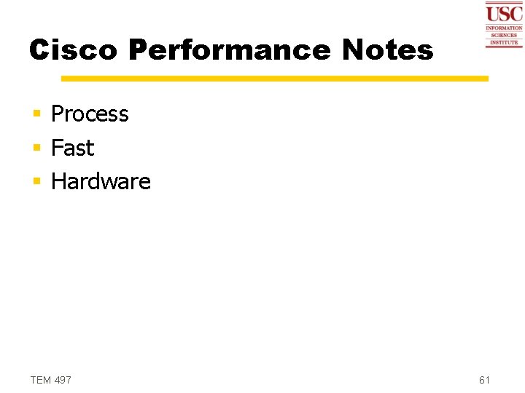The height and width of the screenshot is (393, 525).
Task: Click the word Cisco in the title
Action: [73, 50]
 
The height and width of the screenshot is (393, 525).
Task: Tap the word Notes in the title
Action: [387, 50]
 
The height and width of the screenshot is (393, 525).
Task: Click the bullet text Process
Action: [90, 114]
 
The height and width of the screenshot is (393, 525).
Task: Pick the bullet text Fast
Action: [73, 148]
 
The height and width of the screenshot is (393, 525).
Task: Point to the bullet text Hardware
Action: [101, 181]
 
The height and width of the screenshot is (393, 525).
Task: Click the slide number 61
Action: [485, 380]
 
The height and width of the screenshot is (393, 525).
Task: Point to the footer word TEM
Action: [41, 380]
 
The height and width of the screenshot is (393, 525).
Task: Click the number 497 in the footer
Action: [63, 380]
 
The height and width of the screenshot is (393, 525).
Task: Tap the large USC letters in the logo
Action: [504, 14]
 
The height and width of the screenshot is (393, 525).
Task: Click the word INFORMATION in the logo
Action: [504, 28]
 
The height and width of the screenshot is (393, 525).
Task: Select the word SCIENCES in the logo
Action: [504, 35]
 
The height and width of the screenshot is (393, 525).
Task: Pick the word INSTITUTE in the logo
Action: [504, 42]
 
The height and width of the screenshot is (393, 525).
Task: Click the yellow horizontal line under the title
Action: [274, 78]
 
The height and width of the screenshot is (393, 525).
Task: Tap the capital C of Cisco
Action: [39, 50]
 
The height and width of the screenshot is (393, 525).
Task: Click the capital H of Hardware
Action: [58, 181]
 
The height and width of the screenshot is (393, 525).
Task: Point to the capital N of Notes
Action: [354, 50]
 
